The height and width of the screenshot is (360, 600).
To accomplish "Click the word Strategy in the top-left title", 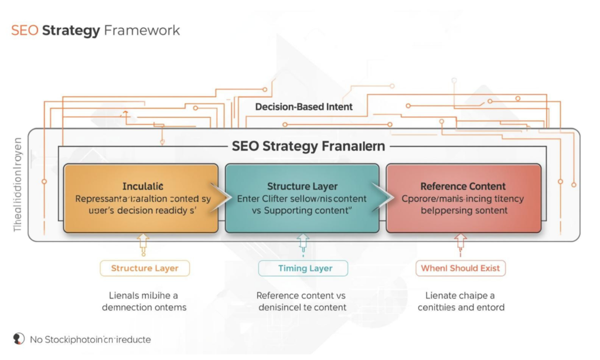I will (x=71, y=30).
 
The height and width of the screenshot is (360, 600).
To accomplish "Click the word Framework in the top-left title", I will (x=141, y=30).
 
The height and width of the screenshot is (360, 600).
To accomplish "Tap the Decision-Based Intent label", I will (x=304, y=107).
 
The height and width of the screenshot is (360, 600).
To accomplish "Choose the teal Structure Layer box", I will (x=302, y=199).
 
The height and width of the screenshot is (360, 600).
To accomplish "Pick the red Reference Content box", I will (x=463, y=199).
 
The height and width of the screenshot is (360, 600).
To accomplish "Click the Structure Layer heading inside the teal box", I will (x=302, y=186).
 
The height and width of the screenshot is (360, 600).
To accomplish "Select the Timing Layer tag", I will (x=303, y=269).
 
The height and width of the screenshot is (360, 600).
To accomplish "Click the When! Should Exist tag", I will (x=461, y=269).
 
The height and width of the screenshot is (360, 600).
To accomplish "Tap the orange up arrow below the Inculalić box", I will (x=143, y=243).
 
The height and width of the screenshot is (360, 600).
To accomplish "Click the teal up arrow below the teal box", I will (x=303, y=243).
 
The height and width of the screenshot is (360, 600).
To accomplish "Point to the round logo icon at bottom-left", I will (x=19, y=339).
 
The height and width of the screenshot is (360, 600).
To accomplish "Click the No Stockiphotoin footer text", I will (x=90, y=339).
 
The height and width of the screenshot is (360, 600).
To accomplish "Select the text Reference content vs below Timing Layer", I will (x=302, y=296).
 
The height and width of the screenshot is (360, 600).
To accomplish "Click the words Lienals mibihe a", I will (x=144, y=296).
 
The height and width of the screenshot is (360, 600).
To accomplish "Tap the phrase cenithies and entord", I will (x=461, y=307).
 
